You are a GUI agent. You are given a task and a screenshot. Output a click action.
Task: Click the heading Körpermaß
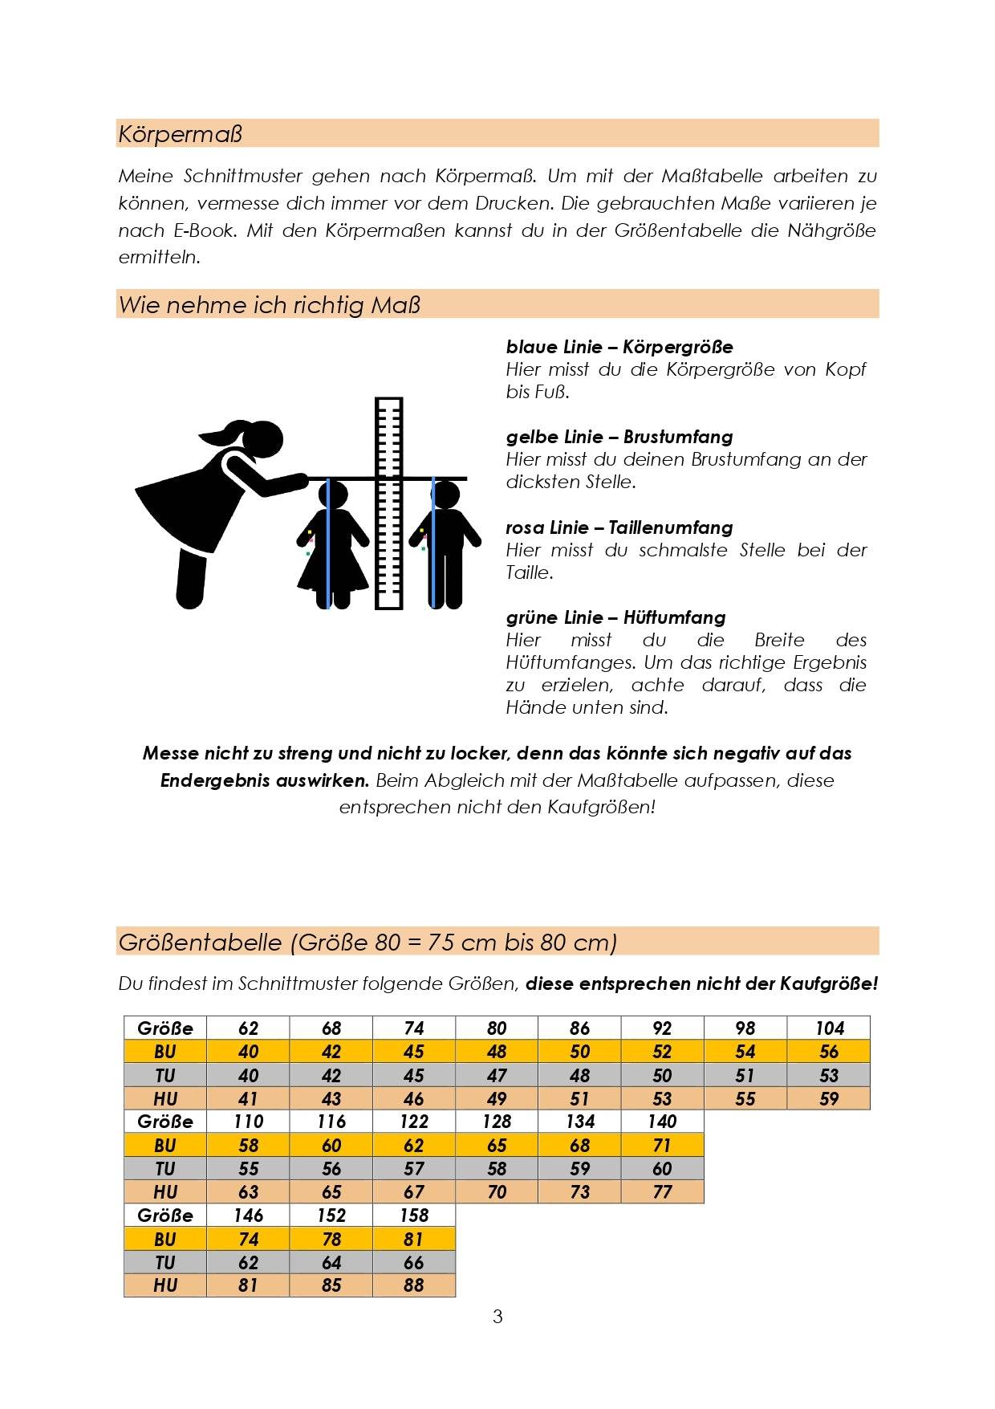(180, 134)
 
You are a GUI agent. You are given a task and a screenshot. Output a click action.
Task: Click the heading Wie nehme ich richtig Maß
(270, 305)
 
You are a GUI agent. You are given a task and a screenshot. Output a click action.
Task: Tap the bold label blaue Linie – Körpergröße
(619, 347)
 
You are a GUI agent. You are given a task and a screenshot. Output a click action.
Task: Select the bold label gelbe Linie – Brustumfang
(619, 437)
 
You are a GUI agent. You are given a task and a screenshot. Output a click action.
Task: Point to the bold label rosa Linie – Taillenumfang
(619, 527)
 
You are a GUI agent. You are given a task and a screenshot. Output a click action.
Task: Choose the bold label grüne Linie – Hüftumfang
(615, 617)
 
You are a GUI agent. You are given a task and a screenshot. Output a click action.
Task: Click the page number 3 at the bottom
(497, 1317)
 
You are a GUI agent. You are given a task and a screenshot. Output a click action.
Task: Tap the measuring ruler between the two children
(389, 502)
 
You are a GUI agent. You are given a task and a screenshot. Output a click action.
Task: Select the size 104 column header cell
(829, 1028)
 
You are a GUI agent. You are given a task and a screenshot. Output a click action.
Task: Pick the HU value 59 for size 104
(829, 1098)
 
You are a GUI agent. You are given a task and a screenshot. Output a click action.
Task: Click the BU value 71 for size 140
(662, 1145)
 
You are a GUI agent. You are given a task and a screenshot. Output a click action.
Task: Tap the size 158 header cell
(414, 1216)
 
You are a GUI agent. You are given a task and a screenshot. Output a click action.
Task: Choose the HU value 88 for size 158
(414, 1285)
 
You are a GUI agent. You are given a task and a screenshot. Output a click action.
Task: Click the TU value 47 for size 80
(497, 1075)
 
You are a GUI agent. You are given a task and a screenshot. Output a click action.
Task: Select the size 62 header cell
(248, 1028)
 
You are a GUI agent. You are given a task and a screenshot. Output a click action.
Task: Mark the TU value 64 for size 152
(331, 1262)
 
